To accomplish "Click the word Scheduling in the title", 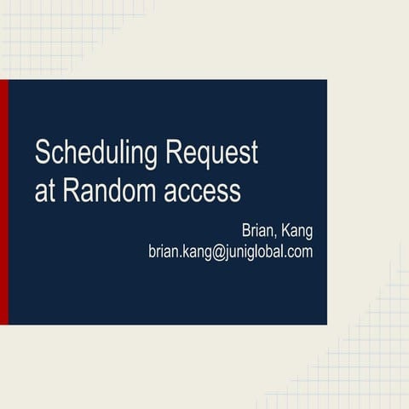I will click(96, 155).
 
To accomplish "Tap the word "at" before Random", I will click(43, 191).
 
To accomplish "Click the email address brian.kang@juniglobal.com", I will click(230, 251).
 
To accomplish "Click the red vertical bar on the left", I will click(3, 202).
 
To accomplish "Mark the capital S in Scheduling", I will click(42, 154).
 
